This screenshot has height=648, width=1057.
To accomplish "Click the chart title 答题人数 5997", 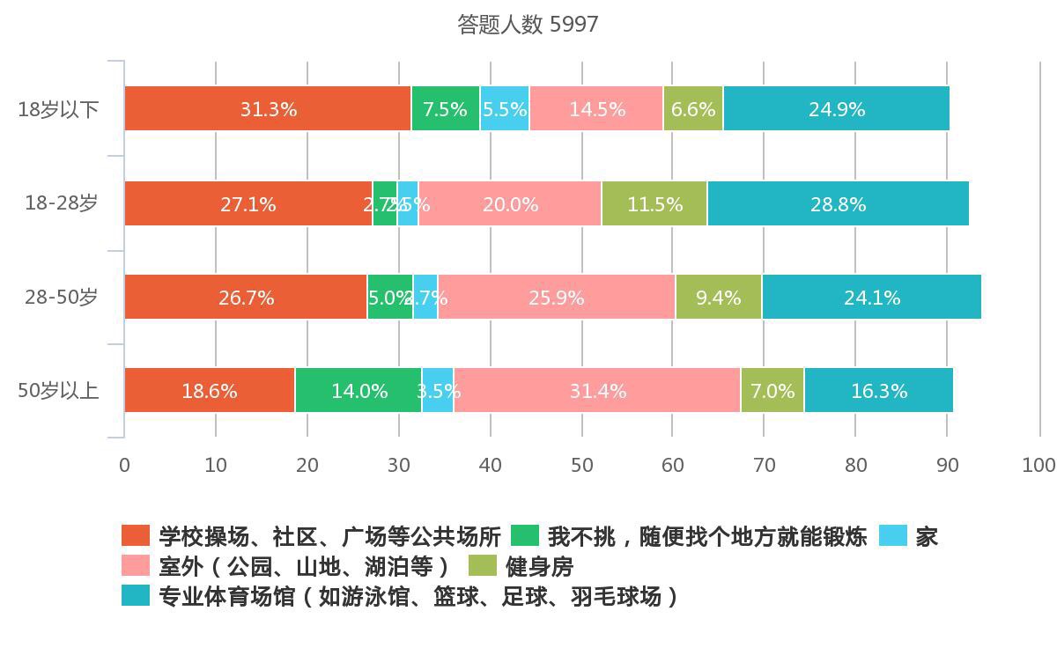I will [x=528, y=25].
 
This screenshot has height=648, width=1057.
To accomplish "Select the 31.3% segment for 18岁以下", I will [x=268, y=109].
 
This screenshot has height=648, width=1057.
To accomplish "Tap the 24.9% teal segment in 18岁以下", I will [x=836, y=109].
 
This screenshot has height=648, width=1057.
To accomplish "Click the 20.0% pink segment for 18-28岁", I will [x=510, y=203].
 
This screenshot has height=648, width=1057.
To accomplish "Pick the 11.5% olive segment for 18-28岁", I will [x=654, y=203].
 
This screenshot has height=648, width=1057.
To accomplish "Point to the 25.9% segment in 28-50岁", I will [x=556, y=298].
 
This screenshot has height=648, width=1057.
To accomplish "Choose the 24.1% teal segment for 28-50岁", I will [x=871, y=298].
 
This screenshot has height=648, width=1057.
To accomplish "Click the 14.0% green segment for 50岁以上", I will [x=358, y=391].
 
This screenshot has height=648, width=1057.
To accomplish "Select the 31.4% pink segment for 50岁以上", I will [x=597, y=391].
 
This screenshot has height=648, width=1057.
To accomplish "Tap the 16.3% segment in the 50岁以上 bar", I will [x=878, y=391].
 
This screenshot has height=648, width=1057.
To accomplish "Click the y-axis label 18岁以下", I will [x=58, y=110].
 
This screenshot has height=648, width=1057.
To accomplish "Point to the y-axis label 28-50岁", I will [x=61, y=298].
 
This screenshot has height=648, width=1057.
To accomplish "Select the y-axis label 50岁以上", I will [x=58, y=391].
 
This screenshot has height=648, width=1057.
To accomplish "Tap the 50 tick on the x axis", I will [x=581, y=465].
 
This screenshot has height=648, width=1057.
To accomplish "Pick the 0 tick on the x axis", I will [x=124, y=465].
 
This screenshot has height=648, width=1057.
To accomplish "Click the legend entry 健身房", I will [x=539, y=566].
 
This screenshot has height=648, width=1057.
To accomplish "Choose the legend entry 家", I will [x=926, y=536].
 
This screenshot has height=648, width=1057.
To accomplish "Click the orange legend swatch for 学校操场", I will [x=136, y=536].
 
